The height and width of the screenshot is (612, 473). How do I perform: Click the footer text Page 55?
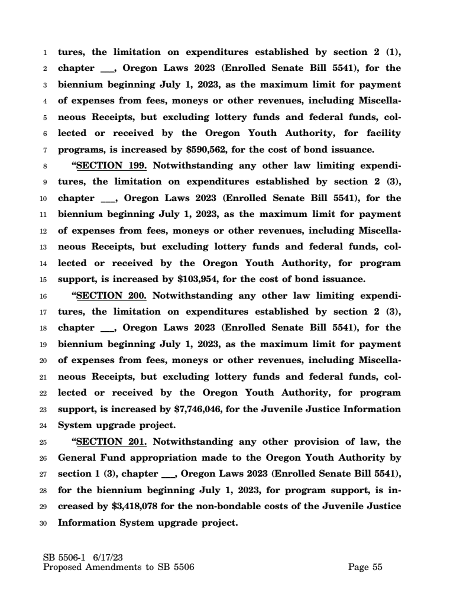(365, 568)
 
